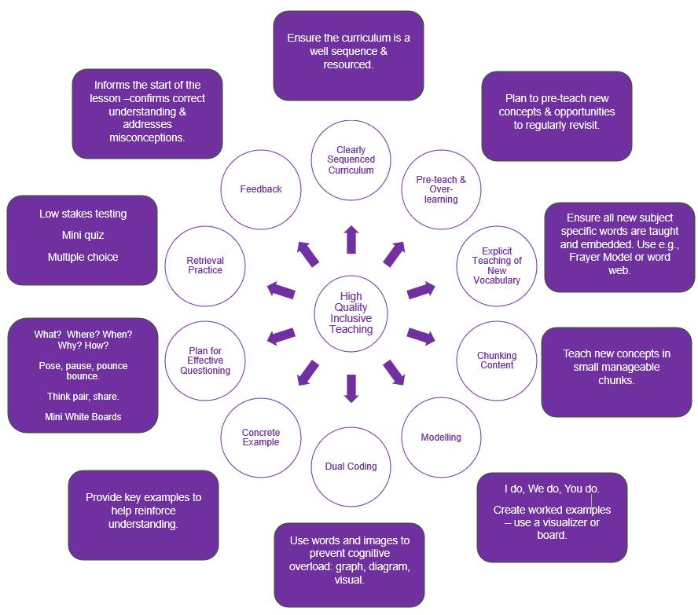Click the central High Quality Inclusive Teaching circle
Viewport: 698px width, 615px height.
[351, 313]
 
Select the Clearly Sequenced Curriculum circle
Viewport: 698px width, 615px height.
[351, 160]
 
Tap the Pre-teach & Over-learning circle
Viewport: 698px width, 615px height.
[441, 189]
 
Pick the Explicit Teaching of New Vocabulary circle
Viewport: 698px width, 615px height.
[496, 266]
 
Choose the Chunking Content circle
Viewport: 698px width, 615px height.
[496, 361]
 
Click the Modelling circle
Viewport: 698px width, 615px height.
[441, 437]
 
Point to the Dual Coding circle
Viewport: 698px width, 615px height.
[351, 467]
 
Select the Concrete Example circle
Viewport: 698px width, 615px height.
[261, 437]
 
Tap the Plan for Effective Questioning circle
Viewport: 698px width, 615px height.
[205, 361]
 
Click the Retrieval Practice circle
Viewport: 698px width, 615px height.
[205, 265]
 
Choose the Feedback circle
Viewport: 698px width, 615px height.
[261, 189]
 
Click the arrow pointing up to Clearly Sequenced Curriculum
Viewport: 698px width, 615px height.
[351, 240]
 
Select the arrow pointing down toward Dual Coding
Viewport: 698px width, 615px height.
[351, 388]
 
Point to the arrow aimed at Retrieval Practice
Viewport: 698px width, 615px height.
[281, 290]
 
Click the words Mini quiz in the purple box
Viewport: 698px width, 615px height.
[83, 235]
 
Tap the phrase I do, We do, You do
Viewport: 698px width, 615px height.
[551, 489]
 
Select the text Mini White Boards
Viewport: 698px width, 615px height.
[83, 417]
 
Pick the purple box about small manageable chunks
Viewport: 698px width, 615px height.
[616, 372]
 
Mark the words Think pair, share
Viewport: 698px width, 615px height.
[83, 397]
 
